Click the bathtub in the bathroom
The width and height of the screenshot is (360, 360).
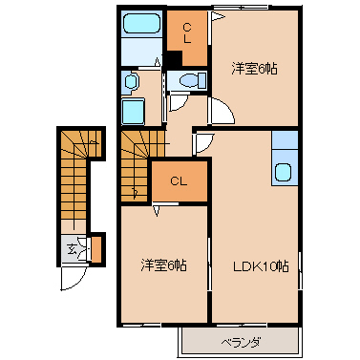point(141,23)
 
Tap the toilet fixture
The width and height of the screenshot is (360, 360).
point(193,80)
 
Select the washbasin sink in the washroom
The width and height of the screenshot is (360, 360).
point(131,82)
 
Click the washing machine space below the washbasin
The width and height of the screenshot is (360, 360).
point(134,111)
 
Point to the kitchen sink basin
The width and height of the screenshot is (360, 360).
point(283,172)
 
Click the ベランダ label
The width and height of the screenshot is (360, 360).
point(241,343)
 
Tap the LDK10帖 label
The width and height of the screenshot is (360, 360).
point(261,266)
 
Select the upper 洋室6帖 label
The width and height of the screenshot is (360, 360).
point(254,69)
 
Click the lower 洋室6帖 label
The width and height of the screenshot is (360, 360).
point(163,265)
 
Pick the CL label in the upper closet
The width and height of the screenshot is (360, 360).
point(187,33)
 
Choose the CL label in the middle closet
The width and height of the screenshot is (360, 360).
point(179,181)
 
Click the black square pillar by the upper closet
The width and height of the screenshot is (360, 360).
point(174,59)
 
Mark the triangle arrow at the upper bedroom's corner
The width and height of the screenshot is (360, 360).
point(218,16)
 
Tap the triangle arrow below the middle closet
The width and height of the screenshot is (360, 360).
point(157,211)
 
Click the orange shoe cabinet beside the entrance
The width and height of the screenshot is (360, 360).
point(96,249)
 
